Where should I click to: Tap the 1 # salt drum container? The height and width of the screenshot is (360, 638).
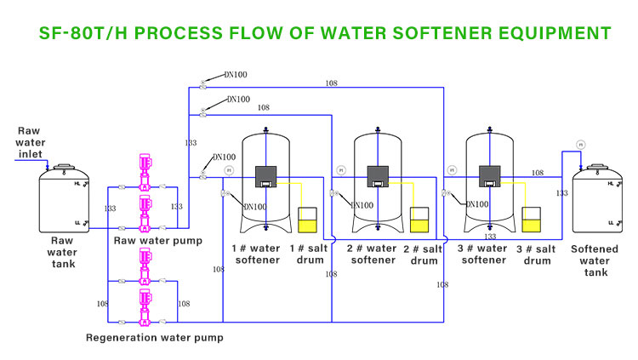coord(308,221)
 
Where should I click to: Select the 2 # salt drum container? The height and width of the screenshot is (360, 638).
coord(420,221)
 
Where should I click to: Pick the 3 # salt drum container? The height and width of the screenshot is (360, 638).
coord(532,220)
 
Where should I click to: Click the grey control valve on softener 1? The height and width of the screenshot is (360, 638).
coord(267,177)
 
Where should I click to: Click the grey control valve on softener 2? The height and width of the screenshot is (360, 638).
coord(379,177)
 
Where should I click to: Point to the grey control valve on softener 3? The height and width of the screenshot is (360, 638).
coord(490,177)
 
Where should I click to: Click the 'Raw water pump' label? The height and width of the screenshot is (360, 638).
coord(158,241)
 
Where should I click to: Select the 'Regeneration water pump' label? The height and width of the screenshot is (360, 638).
coord(155,338)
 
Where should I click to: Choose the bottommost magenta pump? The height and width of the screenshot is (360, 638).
coord(145,307)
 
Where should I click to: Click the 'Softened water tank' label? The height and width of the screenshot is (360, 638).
coord(595,260)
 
